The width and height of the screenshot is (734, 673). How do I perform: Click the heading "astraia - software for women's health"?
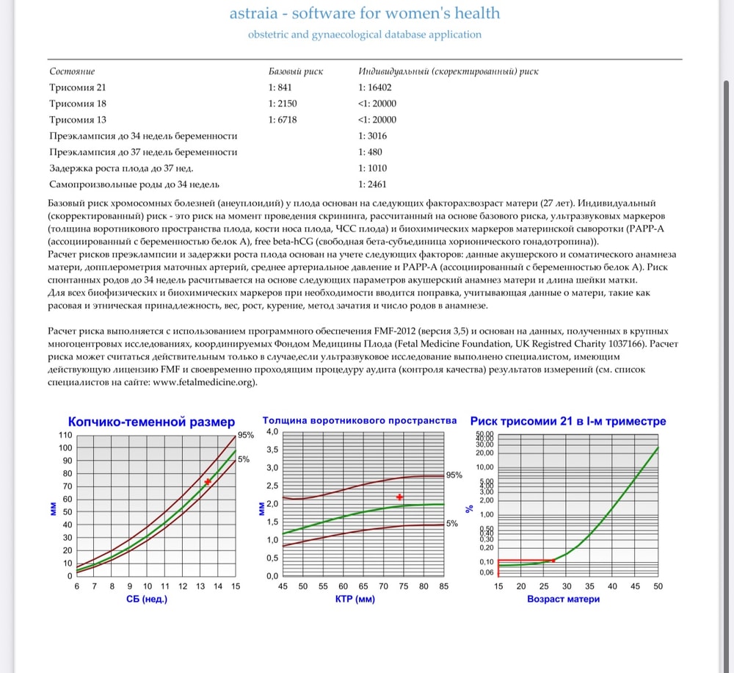tap(365, 13)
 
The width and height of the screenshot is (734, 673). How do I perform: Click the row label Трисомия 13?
tap(78, 120)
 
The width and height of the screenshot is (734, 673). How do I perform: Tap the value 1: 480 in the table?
tap(371, 152)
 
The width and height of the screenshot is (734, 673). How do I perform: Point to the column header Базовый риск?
tap(296, 71)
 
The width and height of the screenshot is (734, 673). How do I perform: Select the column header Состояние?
tap(72, 71)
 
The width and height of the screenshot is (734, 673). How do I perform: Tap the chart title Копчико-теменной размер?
tap(151, 422)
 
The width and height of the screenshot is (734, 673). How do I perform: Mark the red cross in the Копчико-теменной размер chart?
tap(208, 482)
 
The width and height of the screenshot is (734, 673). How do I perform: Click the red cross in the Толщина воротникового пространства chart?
tap(400, 497)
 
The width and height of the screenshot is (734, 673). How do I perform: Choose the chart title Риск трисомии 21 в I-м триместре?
tap(567, 421)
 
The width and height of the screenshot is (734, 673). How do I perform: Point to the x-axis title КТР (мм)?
tap(355, 599)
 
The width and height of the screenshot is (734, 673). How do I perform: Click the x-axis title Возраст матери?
tap(563, 599)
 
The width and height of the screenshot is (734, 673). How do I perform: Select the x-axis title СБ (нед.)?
tap(147, 599)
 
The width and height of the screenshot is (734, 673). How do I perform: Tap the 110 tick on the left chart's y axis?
tap(65, 435)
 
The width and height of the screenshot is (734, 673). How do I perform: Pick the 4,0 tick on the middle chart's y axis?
tap(272, 431)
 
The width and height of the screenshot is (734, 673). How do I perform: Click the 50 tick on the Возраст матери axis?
tap(658, 586)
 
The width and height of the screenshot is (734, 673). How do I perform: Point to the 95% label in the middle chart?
tap(454, 475)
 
